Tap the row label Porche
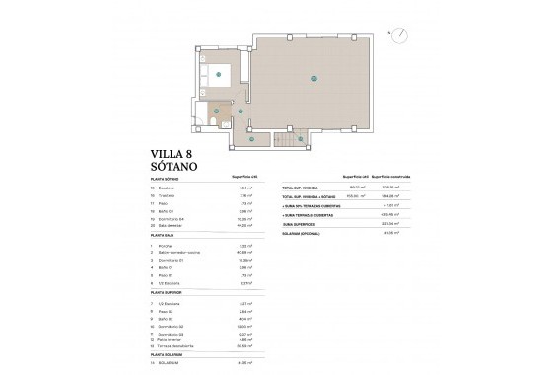pos(164,243)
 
